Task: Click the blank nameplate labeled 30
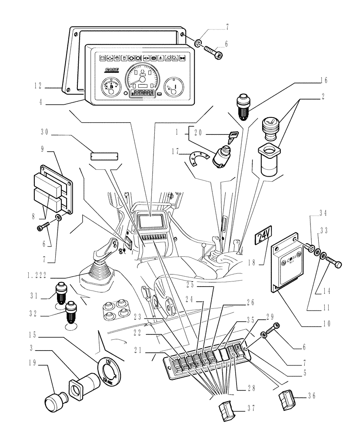pyautogui.click(x=104, y=156)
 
